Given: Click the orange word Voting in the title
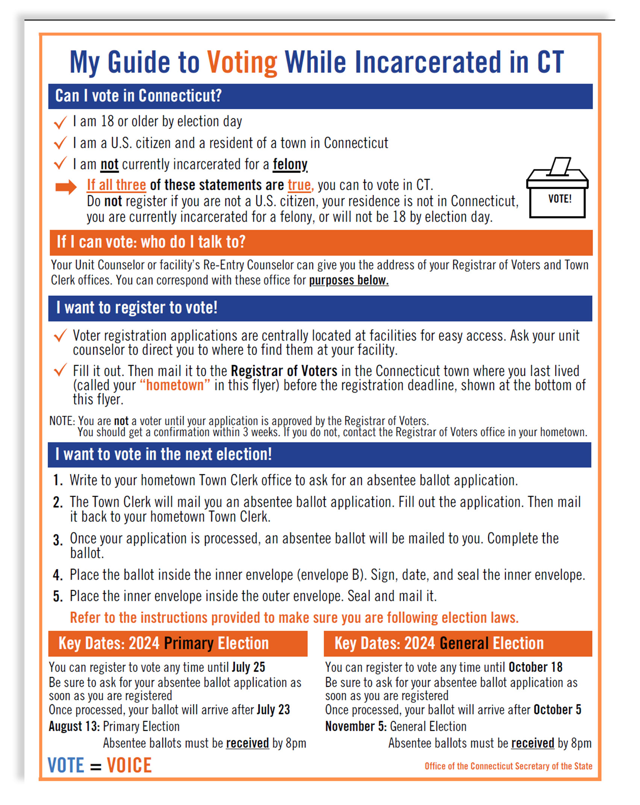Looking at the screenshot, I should [x=242, y=62].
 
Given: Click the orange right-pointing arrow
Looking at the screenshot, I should [x=66, y=187].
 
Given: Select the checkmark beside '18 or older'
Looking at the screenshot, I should [x=60, y=123].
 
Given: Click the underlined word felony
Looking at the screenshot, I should [x=290, y=164].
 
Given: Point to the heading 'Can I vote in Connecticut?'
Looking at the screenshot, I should [x=138, y=96].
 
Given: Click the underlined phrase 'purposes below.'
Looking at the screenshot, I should [x=348, y=280].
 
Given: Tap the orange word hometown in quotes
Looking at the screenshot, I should [x=175, y=386].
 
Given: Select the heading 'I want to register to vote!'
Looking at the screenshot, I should [x=137, y=308].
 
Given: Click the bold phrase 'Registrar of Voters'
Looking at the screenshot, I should [x=284, y=371].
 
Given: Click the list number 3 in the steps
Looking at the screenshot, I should [x=57, y=541].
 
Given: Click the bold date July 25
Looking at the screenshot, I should [x=248, y=667].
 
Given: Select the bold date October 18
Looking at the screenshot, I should [x=535, y=667].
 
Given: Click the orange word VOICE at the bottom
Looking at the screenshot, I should [x=129, y=766].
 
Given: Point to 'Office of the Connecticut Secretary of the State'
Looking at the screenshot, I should [x=508, y=766].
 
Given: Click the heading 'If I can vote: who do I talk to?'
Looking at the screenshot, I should [x=151, y=242].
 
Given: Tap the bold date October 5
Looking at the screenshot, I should [x=557, y=710].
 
